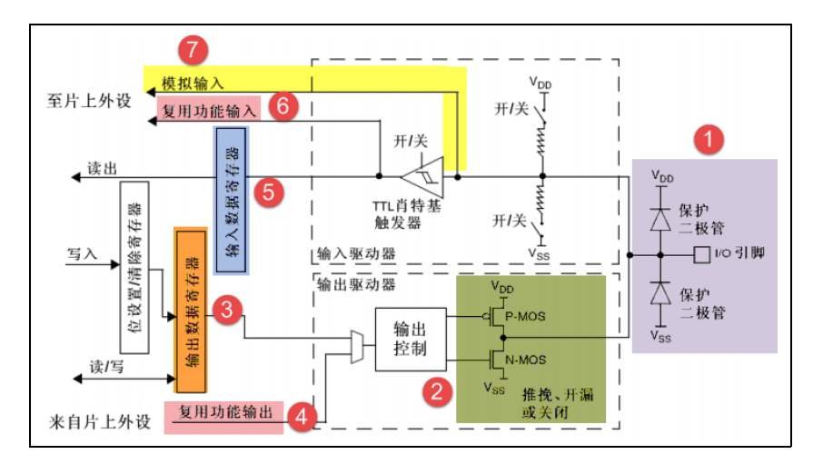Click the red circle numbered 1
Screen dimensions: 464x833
pyautogui.click(x=709, y=141)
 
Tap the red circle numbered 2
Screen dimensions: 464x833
pyautogui.click(x=437, y=392)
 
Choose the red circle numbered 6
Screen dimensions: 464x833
pyautogui.click(x=283, y=106)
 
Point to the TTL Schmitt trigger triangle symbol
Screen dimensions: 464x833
pyautogui.click(x=424, y=176)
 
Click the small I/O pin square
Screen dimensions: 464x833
pyautogui.click(x=699, y=253)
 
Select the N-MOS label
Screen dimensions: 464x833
pyautogui.click(x=525, y=360)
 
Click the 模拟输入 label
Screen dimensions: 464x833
pyautogui.click(x=192, y=83)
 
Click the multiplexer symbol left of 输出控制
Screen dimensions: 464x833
pyautogui.click(x=355, y=346)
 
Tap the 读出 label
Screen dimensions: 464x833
pyautogui.click(x=101, y=168)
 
